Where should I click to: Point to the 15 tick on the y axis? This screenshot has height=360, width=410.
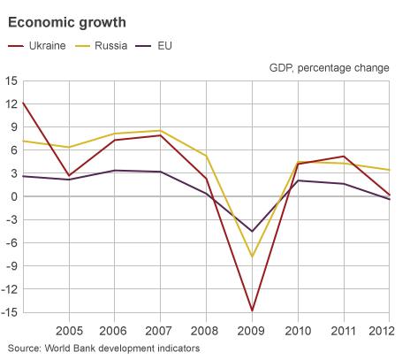click(11, 81)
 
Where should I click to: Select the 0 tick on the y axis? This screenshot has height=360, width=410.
click(13, 196)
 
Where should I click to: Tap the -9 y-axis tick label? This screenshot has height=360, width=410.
click(11, 265)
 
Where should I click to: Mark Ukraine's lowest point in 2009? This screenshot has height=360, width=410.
click(253, 310)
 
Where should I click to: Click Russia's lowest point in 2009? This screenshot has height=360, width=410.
click(253, 257)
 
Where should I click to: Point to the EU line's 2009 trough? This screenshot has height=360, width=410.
click(253, 231)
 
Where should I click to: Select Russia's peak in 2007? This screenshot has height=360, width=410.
click(161, 131)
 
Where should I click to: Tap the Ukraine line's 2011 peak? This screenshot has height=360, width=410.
click(345, 157)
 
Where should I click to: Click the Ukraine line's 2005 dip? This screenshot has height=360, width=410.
click(69, 175)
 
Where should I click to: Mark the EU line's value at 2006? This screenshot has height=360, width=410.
click(115, 171)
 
